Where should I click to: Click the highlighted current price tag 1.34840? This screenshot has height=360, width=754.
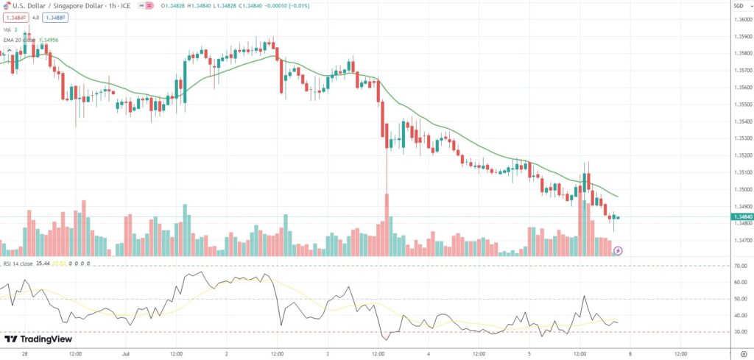point(742,217)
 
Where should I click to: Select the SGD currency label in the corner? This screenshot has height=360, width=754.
point(739,6)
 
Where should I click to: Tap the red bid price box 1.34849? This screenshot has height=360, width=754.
point(15,18)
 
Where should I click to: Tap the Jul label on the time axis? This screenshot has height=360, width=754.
point(125,353)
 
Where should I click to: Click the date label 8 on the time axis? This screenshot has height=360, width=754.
point(630,353)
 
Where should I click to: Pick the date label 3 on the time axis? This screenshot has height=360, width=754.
point(328,353)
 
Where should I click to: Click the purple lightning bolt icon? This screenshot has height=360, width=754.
point(618,250)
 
